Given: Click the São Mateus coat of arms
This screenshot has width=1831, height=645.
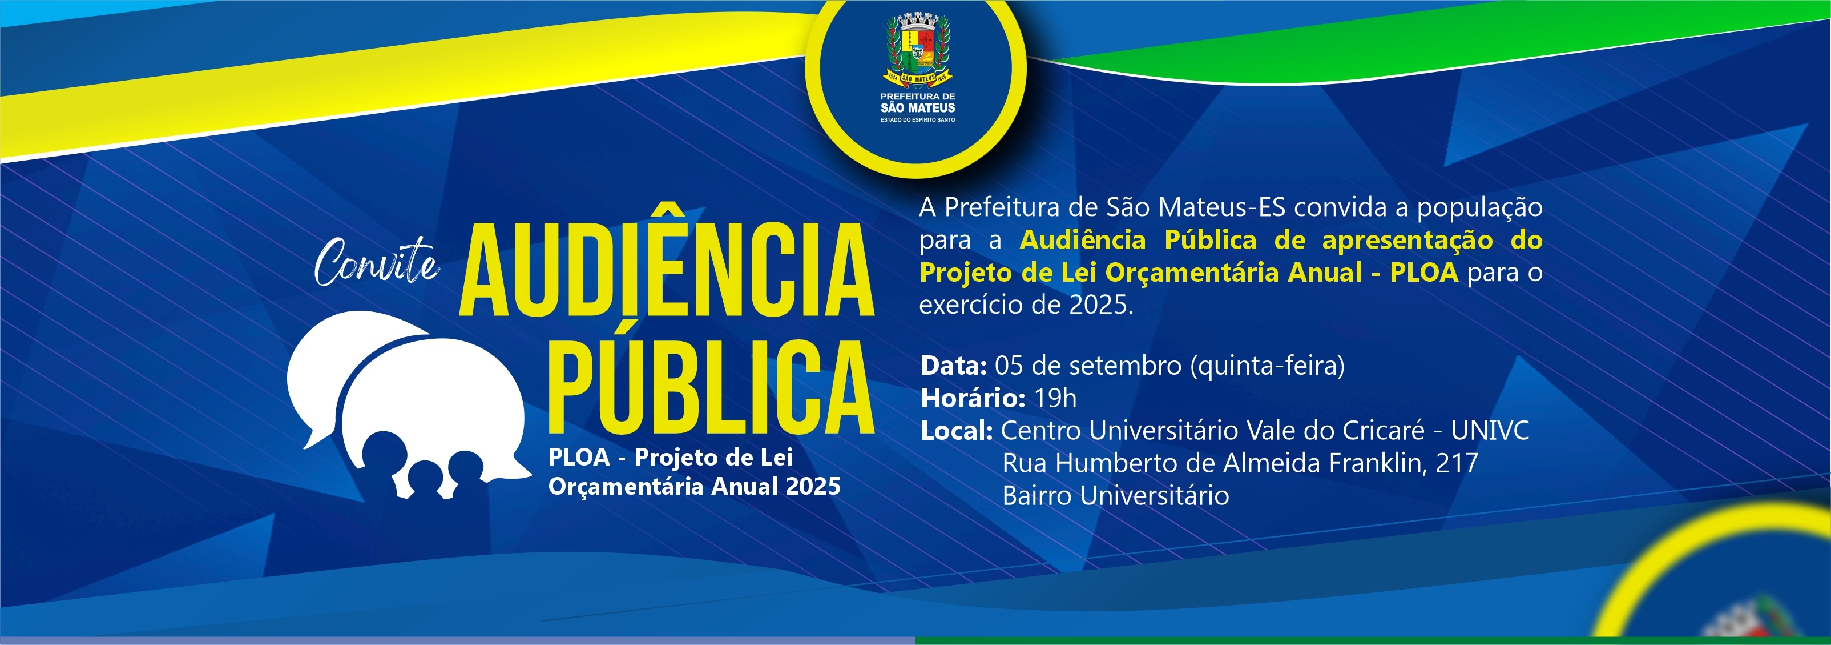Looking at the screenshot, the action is pyautogui.click(x=918, y=49).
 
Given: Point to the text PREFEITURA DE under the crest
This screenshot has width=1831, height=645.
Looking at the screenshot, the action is pyautogui.click(x=918, y=96).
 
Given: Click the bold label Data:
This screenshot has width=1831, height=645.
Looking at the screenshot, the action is pyautogui.click(x=953, y=366).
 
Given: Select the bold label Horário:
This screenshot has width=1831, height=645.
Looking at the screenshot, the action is pyautogui.click(x=973, y=398).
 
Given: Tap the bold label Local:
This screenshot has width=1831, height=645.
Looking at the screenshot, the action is pyautogui.click(x=956, y=431).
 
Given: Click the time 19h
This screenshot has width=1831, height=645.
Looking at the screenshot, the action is pyautogui.click(x=1055, y=398).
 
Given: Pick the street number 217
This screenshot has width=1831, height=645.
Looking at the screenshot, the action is pyautogui.click(x=1457, y=463).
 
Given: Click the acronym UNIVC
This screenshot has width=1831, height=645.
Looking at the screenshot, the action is pyautogui.click(x=1490, y=430).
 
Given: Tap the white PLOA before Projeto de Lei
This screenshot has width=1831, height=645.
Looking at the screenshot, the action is pyautogui.click(x=579, y=457).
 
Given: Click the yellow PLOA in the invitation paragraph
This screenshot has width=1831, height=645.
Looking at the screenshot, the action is pyautogui.click(x=1423, y=273).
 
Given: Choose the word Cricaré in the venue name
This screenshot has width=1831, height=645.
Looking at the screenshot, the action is pyautogui.click(x=1383, y=430).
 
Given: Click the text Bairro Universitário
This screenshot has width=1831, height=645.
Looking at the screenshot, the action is pyautogui.click(x=1115, y=496).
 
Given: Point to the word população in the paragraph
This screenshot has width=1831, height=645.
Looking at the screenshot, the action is pyautogui.click(x=1480, y=207).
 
